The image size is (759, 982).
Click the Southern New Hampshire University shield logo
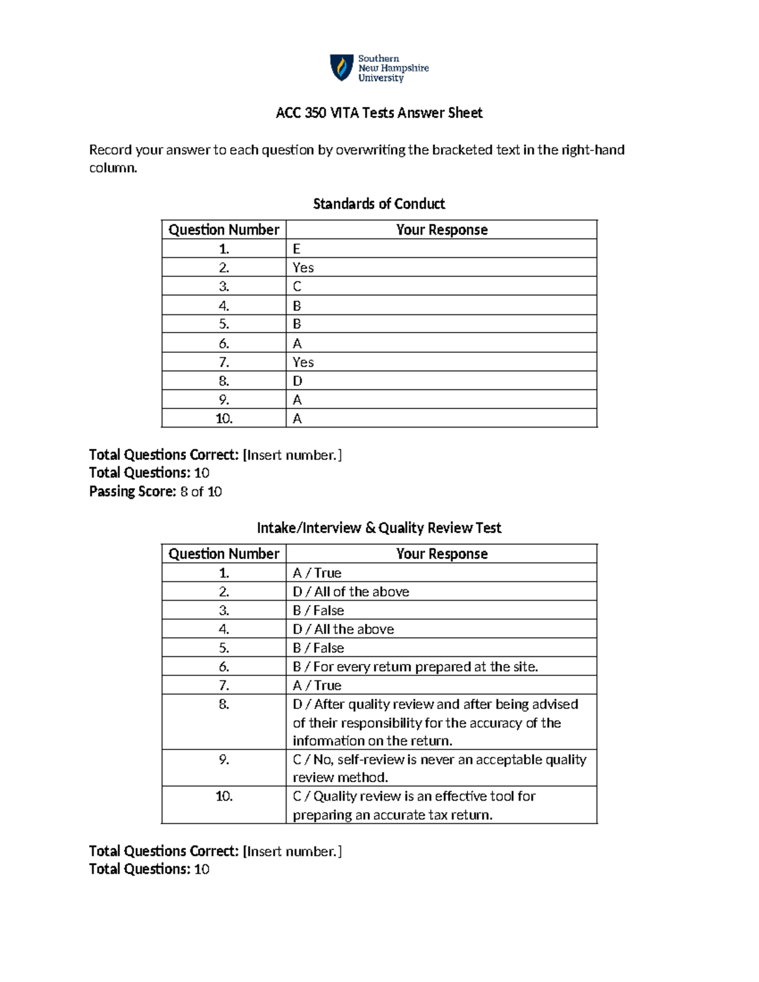[x=342, y=68]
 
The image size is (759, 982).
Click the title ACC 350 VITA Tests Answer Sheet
[x=379, y=113]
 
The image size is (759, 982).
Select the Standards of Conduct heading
[x=379, y=204]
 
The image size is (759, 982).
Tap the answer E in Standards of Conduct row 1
[x=296, y=249]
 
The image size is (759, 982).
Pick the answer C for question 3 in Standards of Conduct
[x=297, y=286]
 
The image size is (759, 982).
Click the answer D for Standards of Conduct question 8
[x=297, y=381]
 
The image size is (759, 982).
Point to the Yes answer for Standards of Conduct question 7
[x=303, y=362]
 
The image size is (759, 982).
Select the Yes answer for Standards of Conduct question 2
[x=303, y=267]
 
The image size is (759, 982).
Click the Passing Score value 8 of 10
[x=201, y=491]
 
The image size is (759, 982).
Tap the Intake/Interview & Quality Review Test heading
[x=379, y=528]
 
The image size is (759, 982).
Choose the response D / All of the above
[x=350, y=592]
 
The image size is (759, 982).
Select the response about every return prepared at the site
[x=415, y=666]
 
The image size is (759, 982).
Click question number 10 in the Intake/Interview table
[x=224, y=796]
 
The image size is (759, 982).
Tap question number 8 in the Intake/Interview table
[x=224, y=704]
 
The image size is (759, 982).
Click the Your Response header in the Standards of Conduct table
[x=441, y=230]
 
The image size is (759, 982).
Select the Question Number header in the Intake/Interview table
[x=224, y=554]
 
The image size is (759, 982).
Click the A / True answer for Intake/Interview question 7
[x=317, y=685]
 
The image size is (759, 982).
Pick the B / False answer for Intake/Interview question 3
[x=318, y=610]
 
